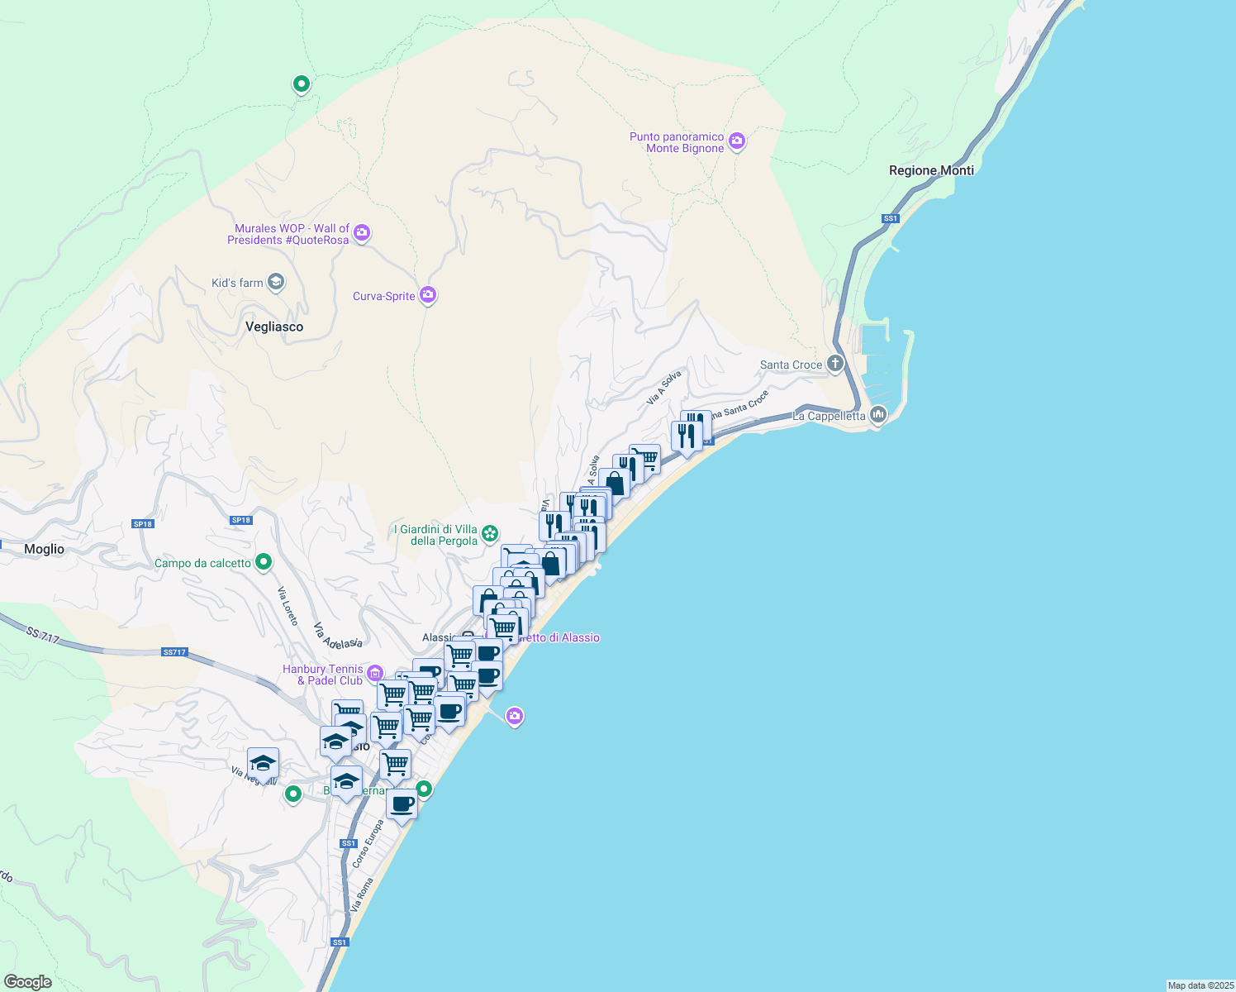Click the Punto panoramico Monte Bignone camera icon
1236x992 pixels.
tap(737, 141)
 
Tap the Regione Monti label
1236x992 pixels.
tap(931, 170)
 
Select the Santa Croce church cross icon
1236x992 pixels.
tap(835, 364)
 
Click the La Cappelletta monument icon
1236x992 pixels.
tap(877, 414)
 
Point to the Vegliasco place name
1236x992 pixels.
tap(274, 327)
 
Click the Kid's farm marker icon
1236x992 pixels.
tap(276, 283)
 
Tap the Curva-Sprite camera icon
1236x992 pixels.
tap(427, 295)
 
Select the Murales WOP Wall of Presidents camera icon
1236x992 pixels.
tap(361, 233)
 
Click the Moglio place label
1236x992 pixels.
tap(44, 549)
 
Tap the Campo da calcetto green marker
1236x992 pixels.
tap(264, 562)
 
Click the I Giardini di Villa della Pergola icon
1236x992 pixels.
tap(490, 533)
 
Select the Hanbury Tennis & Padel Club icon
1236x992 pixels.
tap(375, 673)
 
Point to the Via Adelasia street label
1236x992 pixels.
tap(338, 635)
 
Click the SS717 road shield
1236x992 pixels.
tap(174, 652)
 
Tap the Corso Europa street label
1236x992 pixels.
tap(368, 843)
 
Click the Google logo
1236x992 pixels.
tap(28, 981)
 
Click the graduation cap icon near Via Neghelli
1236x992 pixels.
tap(263, 763)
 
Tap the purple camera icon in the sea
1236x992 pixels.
tap(515, 716)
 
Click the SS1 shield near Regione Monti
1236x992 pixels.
tap(890, 218)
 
